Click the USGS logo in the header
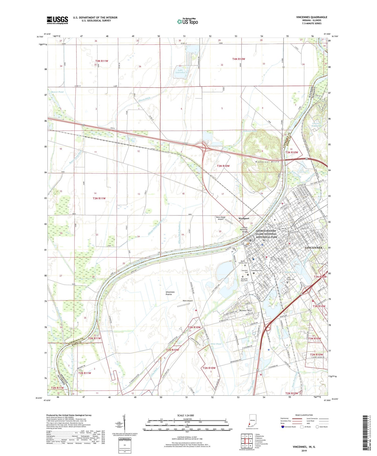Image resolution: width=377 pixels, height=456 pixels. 57,20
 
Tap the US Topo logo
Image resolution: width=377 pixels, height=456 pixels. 187,22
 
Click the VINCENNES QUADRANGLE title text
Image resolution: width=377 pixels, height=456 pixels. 311,17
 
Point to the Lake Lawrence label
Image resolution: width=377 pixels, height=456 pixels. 180,71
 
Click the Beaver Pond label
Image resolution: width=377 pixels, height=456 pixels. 57,92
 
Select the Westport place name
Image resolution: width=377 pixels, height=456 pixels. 244,219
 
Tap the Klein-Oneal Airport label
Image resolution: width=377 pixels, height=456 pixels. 220,218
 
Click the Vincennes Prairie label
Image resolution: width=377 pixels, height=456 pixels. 170,293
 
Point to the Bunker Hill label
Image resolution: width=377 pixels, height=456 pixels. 246,310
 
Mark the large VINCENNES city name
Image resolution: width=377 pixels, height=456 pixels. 313,248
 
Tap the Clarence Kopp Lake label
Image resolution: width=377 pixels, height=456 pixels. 316,125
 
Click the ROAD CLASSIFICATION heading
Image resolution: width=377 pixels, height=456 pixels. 304,415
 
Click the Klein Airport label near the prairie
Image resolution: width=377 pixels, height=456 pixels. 187,301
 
